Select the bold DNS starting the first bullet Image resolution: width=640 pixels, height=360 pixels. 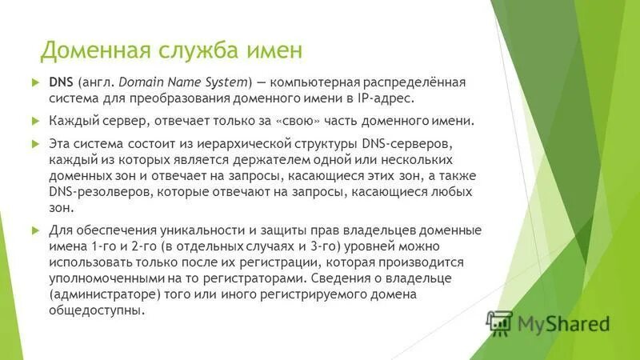62,82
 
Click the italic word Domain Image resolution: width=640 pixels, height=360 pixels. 149,82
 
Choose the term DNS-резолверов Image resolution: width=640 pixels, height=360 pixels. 98,192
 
